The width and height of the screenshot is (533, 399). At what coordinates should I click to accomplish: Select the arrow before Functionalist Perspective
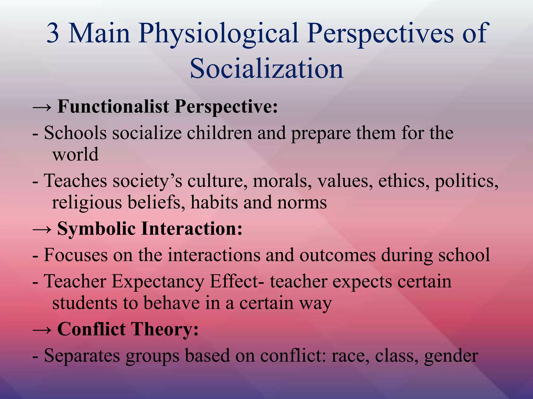point(42,107)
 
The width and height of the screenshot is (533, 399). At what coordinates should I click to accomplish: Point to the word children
point(219,133)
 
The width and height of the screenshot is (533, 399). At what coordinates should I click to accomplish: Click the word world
point(75,154)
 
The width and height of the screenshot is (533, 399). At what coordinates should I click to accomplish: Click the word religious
point(87,203)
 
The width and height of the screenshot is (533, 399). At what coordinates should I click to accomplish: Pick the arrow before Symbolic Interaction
point(42,229)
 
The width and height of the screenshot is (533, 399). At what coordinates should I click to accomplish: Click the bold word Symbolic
point(96,229)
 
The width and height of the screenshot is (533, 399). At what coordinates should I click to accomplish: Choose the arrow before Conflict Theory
point(42,329)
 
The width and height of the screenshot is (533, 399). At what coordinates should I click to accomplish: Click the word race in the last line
point(350,356)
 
